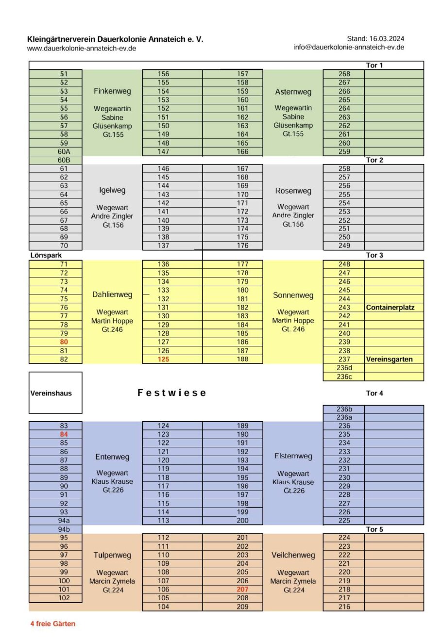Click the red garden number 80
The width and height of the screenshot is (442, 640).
coord(64,342)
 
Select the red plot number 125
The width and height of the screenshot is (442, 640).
coord(164,359)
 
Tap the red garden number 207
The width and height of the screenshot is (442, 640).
coord(242,589)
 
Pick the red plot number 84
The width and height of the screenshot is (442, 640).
coord(64,434)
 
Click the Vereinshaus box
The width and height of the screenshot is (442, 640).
coord(55,393)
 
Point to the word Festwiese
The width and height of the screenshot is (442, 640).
coord(172,393)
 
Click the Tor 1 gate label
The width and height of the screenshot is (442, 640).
coord(374,65)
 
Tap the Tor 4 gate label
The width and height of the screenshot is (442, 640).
coord(374,393)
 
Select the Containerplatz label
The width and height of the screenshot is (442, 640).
coord(390,307)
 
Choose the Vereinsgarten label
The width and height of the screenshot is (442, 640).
coord(389,359)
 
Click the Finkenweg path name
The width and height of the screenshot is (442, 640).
coord(112,91)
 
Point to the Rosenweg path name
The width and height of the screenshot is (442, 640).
coord(293,191)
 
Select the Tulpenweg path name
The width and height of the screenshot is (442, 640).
coord(112,555)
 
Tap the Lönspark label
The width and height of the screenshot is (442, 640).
coord(46,255)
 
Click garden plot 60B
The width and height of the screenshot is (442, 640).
coord(64,160)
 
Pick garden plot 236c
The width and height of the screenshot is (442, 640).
coord(344,377)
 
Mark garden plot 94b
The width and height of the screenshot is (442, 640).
coord(64,529)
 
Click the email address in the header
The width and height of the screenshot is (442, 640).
coord(349,47)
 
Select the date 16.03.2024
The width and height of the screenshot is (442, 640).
coord(387,38)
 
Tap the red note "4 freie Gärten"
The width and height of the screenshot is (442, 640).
coord(53,624)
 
